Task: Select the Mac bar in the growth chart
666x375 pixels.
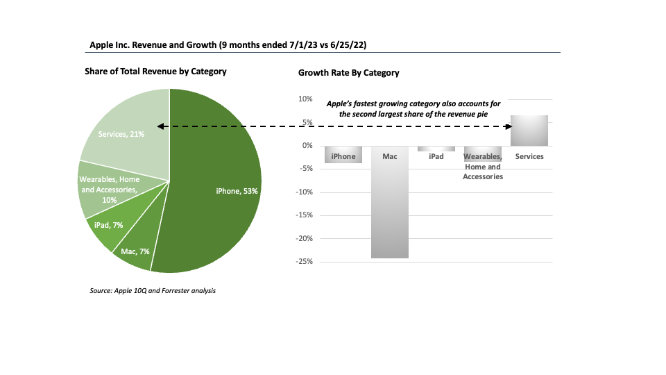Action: [x=390, y=208]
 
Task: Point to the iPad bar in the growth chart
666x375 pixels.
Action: [x=436, y=149]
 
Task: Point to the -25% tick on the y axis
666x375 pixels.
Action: [x=302, y=262]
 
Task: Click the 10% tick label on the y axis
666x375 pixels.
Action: [x=305, y=99]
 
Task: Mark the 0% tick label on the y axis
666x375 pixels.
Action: [x=307, y=145]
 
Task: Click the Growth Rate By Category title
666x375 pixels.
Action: [x=348, y=73]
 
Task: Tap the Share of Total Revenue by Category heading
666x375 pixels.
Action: [x=155, y=72]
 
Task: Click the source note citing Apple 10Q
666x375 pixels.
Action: [x=153, y=290]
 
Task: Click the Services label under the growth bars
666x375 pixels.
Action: [x=529, y=157]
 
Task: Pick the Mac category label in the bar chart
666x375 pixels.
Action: [x=390, y=157]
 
